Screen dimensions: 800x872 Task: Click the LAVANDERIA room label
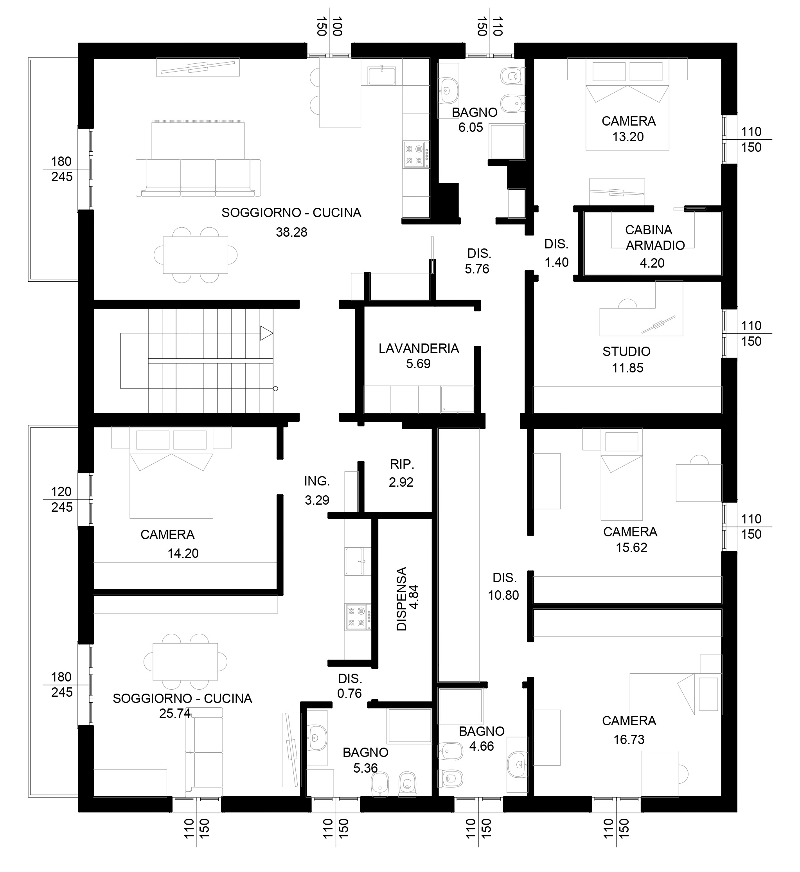point(419,348)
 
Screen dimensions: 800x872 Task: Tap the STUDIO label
point(626,351)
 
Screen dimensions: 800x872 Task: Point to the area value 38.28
point(292,232)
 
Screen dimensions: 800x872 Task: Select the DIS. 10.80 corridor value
point(503,595)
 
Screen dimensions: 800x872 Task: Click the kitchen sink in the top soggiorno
point(381,76)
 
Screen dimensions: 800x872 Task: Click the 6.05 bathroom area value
point(471,127)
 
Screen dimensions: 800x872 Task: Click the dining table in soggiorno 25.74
point(185,661)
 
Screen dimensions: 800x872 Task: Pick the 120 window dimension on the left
point(61,491)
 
